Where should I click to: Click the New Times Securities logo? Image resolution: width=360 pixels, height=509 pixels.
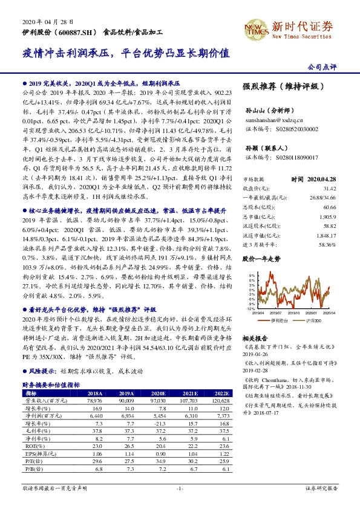pos(297,27)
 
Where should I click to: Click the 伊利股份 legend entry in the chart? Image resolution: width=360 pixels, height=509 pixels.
pos(281,320)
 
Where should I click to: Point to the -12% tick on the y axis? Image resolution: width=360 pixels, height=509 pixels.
pos(251,308)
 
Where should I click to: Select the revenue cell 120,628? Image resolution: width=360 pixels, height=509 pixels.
pos(220,400)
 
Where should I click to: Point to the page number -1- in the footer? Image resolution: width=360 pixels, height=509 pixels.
pos(180,504)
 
